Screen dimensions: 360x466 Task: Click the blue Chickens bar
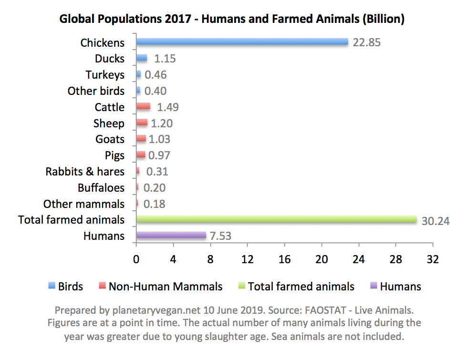[242, 42]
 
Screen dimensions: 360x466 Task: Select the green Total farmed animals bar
[277, 219]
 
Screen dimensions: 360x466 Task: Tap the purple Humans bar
[171, 235]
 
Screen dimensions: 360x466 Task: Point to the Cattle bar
[143, 106]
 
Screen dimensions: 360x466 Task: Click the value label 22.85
[367, 42]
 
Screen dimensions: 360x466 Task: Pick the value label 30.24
[435, 220]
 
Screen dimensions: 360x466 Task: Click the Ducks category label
[110, 59]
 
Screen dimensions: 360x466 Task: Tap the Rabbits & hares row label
[85, 171]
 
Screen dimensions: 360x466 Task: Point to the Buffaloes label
[101, 187]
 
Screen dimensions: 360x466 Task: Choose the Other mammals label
[84, 204]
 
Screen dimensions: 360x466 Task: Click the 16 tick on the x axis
[285, 259]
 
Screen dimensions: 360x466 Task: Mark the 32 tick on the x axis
[433, 259]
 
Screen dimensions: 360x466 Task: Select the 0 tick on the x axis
[136, 259]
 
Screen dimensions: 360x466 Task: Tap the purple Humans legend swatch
[374, 287]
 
